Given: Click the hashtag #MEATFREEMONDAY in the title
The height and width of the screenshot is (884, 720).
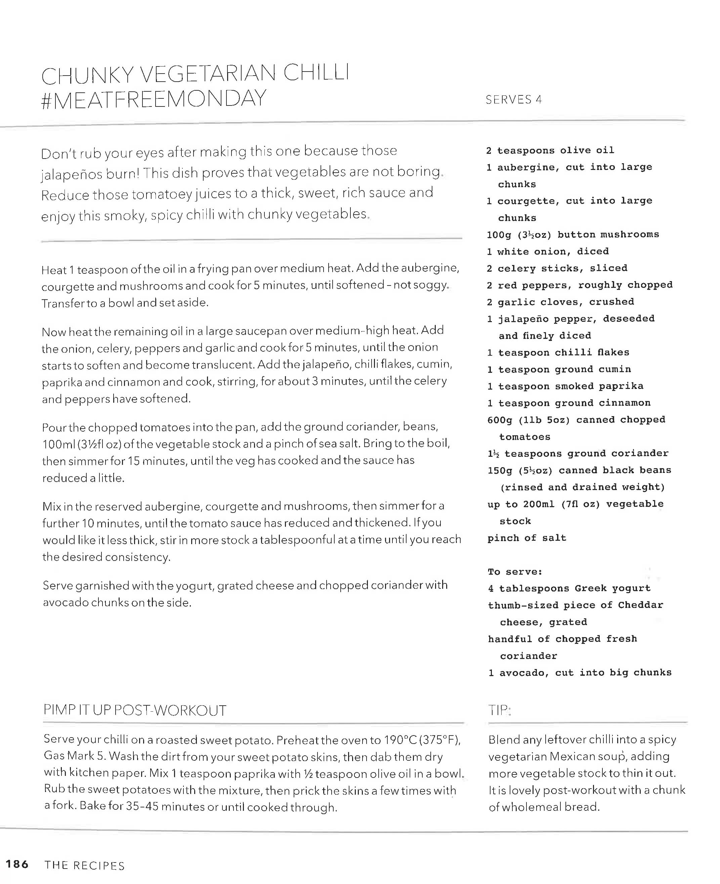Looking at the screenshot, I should pyautogui.click(x=154, y=99).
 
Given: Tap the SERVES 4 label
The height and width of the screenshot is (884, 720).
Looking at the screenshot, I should pyautogui.click(x=513, y=99).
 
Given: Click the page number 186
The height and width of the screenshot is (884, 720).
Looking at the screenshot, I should pyautogui.click(x=17, y=864).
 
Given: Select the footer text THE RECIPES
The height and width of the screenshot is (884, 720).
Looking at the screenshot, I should pyautogui.click(x=85, y=865).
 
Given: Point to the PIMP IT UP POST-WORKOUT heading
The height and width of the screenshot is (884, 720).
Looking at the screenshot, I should pyautogui.click(x=135, y=710).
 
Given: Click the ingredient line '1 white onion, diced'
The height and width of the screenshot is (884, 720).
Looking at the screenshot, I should pyautogui.click(x=547, y=251).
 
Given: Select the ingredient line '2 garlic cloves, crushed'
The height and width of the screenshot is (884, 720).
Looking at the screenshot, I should pyautogui.click(x=560, y=302).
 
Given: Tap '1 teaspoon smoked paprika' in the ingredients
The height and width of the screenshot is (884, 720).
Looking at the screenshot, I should pyautogui.click(x=565, y=386).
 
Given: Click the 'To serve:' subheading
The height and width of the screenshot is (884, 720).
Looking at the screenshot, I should pyautogui.click(x=515, y=572).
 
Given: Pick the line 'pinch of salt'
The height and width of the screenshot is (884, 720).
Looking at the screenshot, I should pyautogui.click(x=527, y=538).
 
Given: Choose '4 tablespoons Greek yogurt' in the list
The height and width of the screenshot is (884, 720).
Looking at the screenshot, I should pyautogui.click(x=569, y=588).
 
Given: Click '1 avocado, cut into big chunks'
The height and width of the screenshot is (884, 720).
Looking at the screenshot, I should pyautogui.click(x=580, y=672).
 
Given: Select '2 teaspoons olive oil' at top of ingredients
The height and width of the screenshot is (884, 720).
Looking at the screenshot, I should pyautogui.click(x=550, y=150).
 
